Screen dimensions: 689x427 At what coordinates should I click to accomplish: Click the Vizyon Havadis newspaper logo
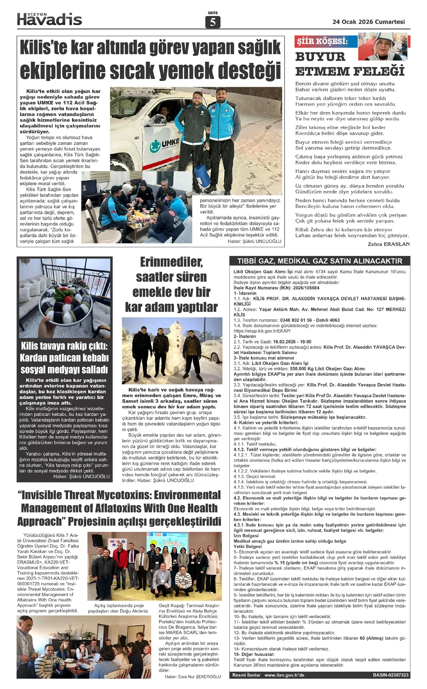click(49, 19)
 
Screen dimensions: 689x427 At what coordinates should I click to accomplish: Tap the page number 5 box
click(213, 22)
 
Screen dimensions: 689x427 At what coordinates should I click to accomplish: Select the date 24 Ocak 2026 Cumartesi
click(368, 22)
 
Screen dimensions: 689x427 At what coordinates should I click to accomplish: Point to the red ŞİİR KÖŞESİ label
click(322, 41)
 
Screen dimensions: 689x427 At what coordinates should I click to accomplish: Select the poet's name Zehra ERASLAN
click(389, 244)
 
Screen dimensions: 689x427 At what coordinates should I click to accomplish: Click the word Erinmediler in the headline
click(171, 262)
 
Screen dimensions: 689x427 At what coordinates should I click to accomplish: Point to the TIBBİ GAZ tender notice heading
click(320, 261)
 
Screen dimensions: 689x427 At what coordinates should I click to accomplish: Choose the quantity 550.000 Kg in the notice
click(297, 369)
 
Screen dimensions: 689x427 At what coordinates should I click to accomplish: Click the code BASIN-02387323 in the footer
click(391, 675)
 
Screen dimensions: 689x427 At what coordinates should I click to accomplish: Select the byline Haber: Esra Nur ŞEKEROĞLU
click(193, 677)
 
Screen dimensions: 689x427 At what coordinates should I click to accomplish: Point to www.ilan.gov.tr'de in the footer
click(284, 675)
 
